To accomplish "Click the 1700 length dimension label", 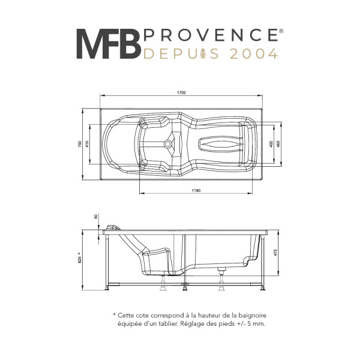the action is [x=181, y=93].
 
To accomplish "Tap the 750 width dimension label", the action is [x=80, y=144].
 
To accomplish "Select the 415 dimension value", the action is [x=87, y=144].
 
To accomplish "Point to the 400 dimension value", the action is [x=271, y=144].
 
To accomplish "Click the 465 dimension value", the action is [x=278, y=144].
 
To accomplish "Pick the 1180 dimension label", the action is [x=196, y=190].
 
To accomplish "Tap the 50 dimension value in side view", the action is [x=96, y=216].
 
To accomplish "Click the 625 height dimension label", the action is [x=80, y=258].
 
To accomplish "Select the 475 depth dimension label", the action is [x=275, y=253].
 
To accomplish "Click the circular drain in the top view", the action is [x=168, y=144].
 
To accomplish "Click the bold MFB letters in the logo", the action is [x=109, y=44].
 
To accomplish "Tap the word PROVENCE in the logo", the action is [x=211, y=35].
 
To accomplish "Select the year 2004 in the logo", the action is [x=254, y=54].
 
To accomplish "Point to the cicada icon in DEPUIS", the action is [x=203, y=54].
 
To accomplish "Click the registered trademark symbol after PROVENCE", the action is [x=281, y=31].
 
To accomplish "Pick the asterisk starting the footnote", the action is [x=114, y=314].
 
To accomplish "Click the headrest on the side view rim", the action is [x=113, y=227].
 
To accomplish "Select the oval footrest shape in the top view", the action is [x=220, y=144].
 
